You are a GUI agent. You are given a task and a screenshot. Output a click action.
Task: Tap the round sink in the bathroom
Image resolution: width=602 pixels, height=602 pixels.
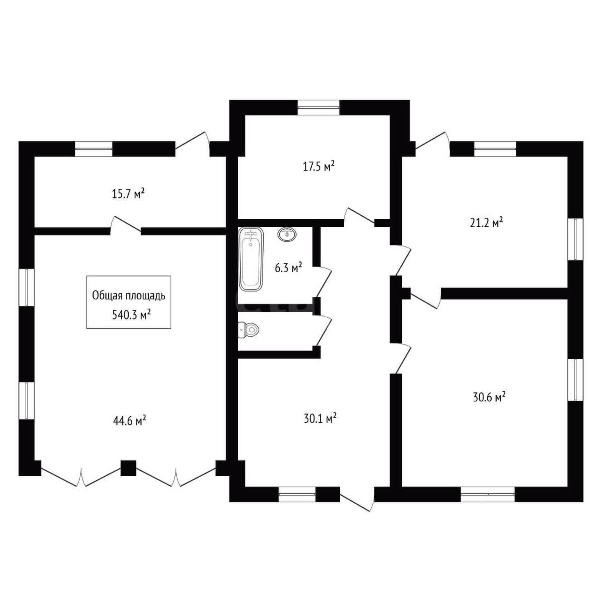287,235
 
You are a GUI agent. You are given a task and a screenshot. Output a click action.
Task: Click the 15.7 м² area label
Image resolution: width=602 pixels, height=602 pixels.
128,193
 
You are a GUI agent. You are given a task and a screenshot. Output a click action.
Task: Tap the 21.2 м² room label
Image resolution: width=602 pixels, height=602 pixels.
487,223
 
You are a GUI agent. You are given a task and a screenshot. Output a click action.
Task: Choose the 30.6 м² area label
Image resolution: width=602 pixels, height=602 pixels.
489,397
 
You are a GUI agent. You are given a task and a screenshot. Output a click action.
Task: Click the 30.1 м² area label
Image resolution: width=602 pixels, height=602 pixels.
320,419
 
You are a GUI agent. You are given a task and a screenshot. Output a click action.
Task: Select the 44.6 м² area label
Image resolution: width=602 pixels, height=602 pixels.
129,420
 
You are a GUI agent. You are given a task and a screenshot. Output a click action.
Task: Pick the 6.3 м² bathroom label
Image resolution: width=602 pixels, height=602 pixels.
288,268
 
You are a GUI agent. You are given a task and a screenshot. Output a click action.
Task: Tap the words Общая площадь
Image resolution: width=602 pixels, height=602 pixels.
129,296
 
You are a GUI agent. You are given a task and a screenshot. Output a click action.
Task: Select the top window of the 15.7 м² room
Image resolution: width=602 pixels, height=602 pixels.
93,149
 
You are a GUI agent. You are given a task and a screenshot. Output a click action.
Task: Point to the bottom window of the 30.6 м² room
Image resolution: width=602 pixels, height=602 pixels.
488,494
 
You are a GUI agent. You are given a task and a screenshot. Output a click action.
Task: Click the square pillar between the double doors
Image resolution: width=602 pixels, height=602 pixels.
128,468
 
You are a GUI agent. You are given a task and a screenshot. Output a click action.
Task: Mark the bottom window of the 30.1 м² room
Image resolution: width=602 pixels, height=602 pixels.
297,494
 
